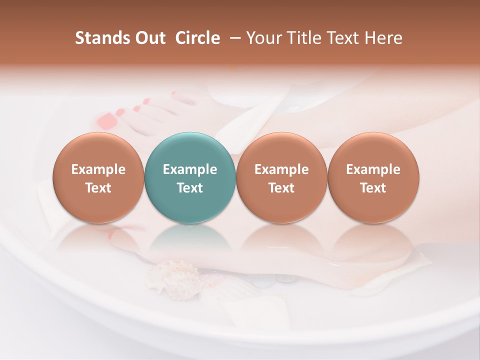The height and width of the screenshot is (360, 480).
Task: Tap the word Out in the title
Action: coord(148,38)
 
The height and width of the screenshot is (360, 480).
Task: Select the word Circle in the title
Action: coord(197,38)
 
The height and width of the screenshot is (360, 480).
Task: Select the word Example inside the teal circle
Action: coord(190,169)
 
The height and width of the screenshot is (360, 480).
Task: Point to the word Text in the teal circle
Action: coord(190,188)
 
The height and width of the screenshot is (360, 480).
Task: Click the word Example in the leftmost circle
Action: coord(98,169)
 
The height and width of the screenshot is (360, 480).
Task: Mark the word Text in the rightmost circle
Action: coord(373,188)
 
